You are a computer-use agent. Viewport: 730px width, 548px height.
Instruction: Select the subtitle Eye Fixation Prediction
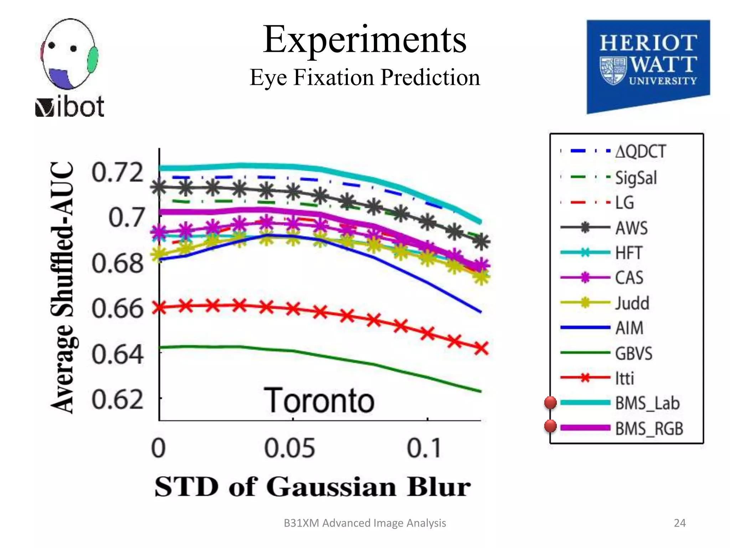coord(365,77)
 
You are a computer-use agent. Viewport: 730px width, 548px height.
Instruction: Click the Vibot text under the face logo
coord(70,107)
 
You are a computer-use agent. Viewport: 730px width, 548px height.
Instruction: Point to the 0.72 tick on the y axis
coord(118,173)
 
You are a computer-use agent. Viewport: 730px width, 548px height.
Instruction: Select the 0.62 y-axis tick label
coord(118,400)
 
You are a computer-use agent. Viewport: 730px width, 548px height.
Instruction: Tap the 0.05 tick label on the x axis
coord(290,448)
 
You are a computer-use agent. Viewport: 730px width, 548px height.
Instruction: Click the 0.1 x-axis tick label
coord(424,448)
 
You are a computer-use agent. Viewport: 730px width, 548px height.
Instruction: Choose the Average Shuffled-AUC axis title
coord(63,287)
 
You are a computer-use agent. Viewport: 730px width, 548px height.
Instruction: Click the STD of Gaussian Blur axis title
coord(313,487)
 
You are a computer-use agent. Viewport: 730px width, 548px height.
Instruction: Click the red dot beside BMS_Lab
coord(550,403)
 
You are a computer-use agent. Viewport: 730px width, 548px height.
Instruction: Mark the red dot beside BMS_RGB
coord(550,426)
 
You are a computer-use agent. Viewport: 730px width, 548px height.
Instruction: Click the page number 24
coord(680,523)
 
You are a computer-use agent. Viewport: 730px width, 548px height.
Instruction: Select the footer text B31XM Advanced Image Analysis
coord(365,523)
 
